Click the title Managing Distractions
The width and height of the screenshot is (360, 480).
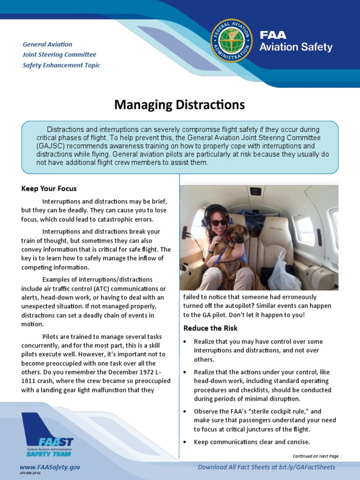pyautogui.click(x=180, y=105)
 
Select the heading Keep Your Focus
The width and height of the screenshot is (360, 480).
pyautogui.click(x=49, y=188)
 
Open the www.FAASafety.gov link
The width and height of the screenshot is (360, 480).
pyautogui.click(x=50, y=467)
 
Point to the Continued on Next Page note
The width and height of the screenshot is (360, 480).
pyautogui.click(x=315, y=456)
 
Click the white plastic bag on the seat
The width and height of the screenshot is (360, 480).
pyautogui.click(x=283, y=272)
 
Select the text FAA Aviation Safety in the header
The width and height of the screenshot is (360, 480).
pyautogui.click(x=296, y=41)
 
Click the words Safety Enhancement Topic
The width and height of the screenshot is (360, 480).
pyautogui.click(x=61, y=65)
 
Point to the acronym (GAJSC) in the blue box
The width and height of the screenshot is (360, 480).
pyautogui.click(x=52, y=146)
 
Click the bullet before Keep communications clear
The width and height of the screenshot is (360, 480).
pyautogui.click(x=186, y=442)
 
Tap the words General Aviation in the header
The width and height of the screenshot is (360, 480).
pyautogui.click(x=47, y=44)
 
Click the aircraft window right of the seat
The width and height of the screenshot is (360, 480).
pyautogui.click(x=305, y=230)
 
